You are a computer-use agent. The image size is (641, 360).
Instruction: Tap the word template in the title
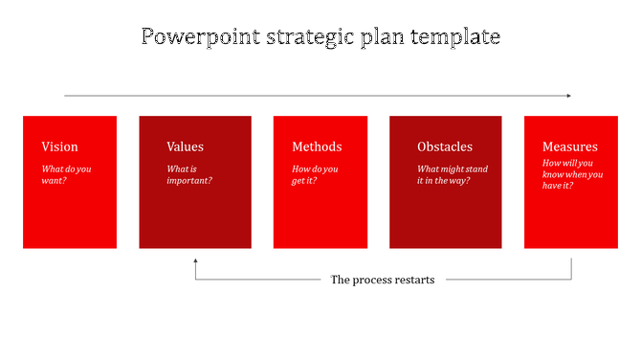(x=454, y=37)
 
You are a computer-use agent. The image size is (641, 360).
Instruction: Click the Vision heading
(x=59, y=146)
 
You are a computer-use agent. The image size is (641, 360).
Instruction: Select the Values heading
(x=185, y=146)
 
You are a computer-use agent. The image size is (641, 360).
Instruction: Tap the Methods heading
(x=317, y=146)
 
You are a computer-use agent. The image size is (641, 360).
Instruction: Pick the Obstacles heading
(x=445, y=146)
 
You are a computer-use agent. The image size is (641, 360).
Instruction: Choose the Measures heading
(x=570, y=146)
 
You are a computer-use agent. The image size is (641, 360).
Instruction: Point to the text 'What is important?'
(x=189, y=174)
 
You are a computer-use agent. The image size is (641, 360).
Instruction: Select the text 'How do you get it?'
(x=316, y=174)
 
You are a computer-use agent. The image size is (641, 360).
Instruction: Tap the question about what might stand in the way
(x=452, y=174)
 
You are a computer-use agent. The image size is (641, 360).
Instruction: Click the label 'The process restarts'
(x=383, y=280)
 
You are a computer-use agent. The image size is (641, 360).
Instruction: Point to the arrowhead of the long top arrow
(x=568, y=96)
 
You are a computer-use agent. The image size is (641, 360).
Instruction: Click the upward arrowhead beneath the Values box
(x=195, y=260)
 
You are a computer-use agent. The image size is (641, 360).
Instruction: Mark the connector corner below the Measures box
(x=572, y=280)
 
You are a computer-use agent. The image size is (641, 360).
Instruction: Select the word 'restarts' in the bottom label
(x=412, y=280)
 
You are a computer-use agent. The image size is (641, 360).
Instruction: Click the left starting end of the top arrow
(x=65, y=96)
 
